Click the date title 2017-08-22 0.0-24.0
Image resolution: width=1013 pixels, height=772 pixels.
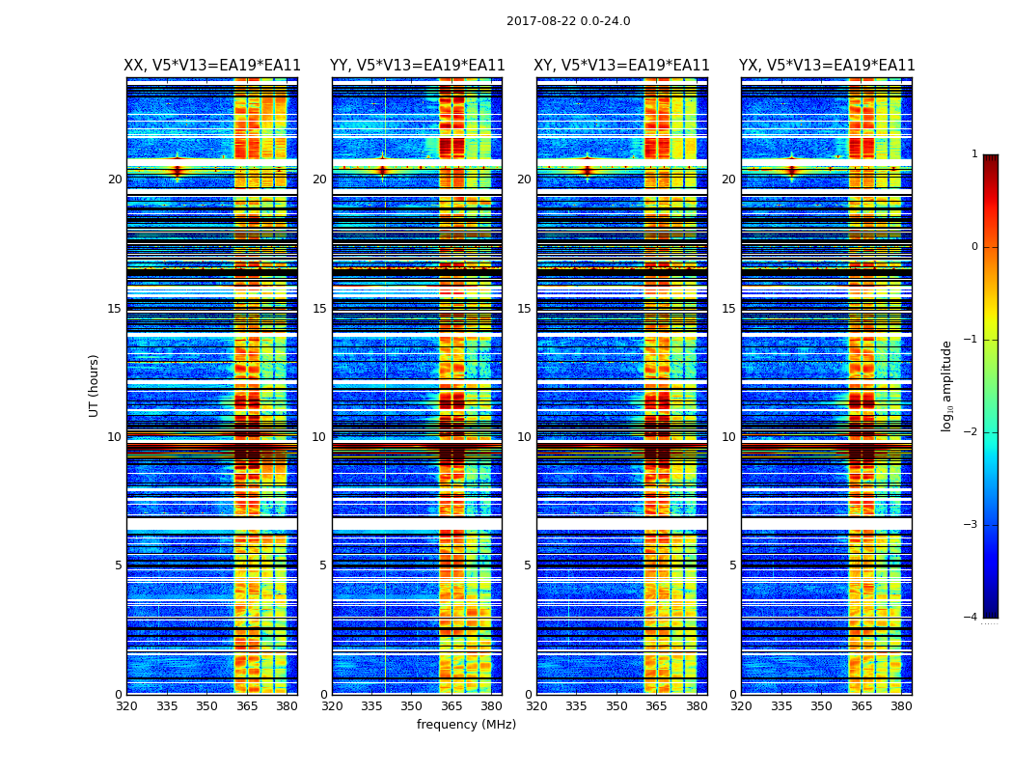point(568,21)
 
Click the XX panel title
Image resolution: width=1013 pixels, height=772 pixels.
point(212,66)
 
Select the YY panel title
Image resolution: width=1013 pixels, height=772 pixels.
point(417,66)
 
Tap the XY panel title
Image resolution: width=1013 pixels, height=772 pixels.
point(622,66)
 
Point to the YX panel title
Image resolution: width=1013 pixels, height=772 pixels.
point(827,66)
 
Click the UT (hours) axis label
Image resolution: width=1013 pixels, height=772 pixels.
point(95,385)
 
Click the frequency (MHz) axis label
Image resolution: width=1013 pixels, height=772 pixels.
point(466,725)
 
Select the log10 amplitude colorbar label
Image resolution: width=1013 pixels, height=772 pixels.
point(947,385)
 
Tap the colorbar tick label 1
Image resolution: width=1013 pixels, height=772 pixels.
point(974,154)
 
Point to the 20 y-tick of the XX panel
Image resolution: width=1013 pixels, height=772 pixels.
point(115,179)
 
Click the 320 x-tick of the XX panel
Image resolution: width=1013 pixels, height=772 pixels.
point(126,706)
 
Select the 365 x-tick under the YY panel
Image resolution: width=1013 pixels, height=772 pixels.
point(452,706)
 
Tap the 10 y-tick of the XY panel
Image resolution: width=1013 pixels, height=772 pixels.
point(525,437)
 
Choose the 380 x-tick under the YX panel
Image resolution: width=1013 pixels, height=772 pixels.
point(901,706)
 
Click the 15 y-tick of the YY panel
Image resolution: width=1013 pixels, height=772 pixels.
point(319,309)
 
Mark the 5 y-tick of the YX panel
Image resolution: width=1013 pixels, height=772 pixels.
point(733,565)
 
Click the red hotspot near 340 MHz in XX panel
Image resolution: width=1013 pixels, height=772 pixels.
point(178,171)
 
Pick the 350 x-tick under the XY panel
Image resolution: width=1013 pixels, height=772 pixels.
point(616,706)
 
